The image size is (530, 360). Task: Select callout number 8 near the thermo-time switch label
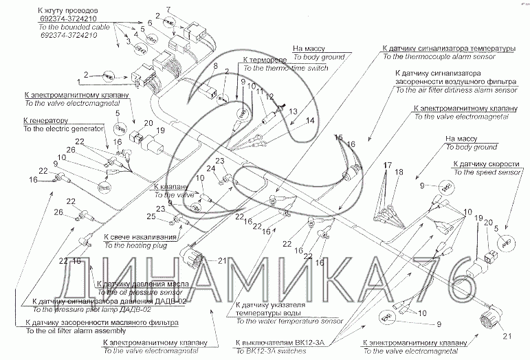[214, 67]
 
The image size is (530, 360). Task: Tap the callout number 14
[310, 120]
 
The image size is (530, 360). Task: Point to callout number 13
[294, 111]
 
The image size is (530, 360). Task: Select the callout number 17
[386, 165]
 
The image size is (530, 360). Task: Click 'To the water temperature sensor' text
[288, 321]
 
